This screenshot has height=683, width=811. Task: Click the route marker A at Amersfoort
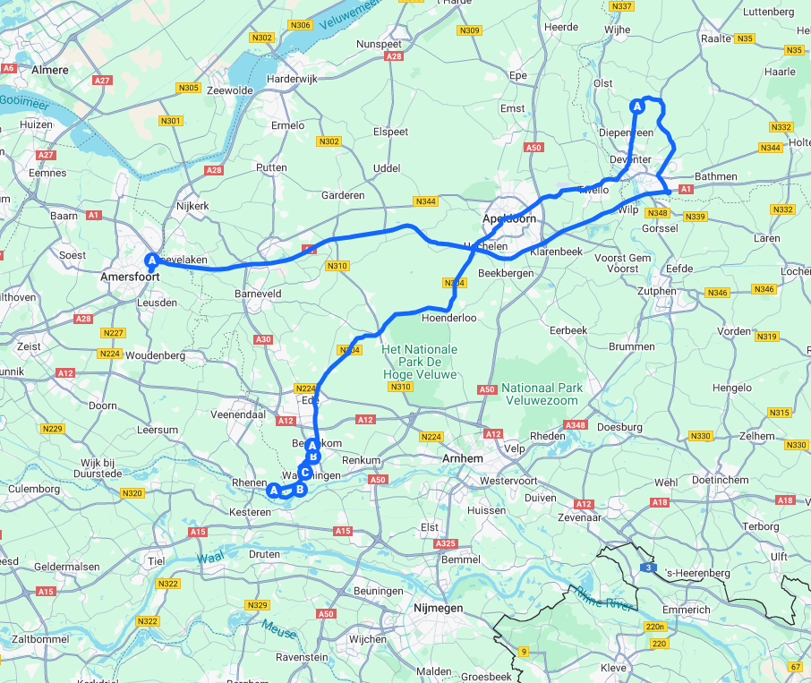(x=151, y=260)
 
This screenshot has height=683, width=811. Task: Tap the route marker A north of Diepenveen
(x=637, y=106)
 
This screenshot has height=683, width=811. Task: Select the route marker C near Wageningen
(x=304, y=473)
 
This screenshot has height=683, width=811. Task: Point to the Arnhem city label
(x=463, y=458)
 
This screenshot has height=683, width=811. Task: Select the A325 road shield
(x=445, y=544)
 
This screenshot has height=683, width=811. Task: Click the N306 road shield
(x=301, y=25)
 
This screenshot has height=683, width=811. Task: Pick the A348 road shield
(x=576, y=425)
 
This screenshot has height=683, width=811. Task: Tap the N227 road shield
(x=113, y=333)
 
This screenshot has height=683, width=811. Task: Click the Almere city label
(x=49, y=69)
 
